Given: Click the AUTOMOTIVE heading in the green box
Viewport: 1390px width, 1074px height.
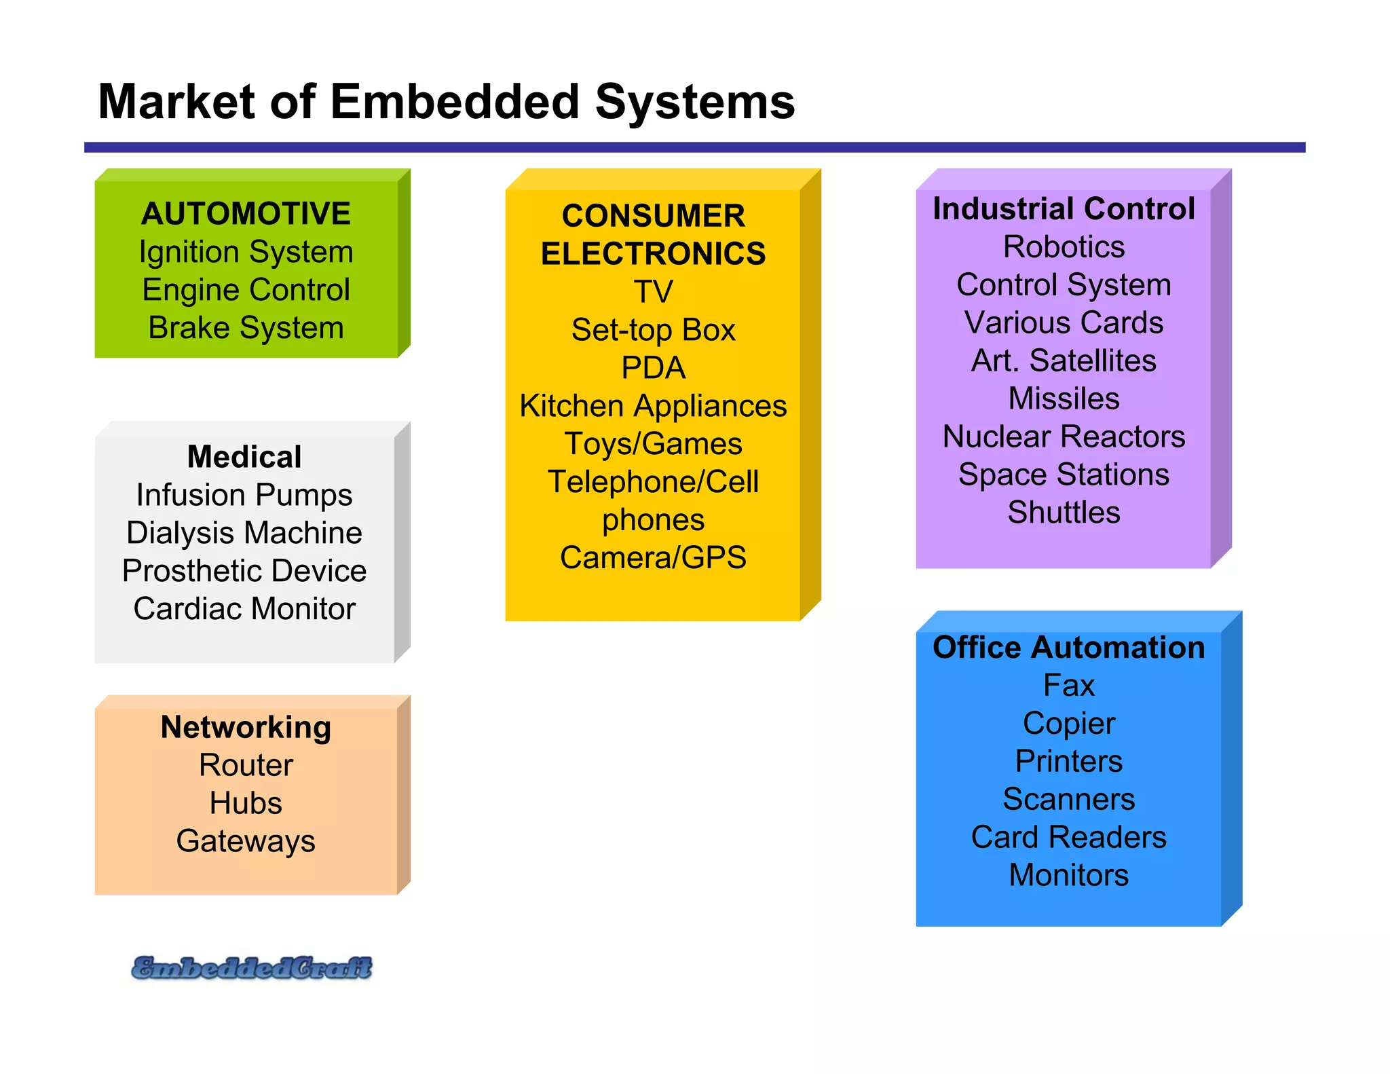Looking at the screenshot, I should pos(246,213).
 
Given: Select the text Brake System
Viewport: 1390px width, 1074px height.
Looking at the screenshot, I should pos(246,328).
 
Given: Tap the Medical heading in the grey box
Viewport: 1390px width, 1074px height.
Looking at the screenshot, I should pos(244,457).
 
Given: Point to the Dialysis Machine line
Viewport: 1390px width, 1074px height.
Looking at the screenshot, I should pos(244,533).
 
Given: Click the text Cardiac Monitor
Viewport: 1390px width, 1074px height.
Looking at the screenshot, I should pos(244,609).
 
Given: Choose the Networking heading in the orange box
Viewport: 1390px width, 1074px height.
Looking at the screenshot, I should pos(246,727).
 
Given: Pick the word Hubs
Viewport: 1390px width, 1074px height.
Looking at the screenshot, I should pos(246,803).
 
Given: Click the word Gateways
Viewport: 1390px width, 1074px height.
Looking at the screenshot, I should pos(246,841).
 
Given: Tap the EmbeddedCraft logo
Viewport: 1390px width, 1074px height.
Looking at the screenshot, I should pos(252,967).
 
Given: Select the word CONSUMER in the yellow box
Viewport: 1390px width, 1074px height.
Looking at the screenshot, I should pos(653,216).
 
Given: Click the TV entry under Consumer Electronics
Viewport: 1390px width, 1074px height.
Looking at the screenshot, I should pos(653,292).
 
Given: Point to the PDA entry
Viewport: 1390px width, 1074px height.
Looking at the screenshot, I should pos(653,368).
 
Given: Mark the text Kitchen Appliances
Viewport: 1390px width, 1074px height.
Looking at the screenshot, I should pos(653,406).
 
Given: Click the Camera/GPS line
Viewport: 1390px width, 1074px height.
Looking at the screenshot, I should pos(653,558).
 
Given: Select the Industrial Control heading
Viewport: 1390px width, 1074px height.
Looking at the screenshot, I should pos(1064,208).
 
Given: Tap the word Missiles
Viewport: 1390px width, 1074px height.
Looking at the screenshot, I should pos(1064,399).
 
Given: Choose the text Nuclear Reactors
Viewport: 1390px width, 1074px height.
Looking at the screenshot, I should pos(1064,437).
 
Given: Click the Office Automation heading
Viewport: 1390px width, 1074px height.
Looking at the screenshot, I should pos(1068,647).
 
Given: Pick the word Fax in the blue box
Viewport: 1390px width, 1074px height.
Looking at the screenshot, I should pos(1068,686).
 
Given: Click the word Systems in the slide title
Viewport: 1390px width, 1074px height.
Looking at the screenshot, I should pos(695,102).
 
